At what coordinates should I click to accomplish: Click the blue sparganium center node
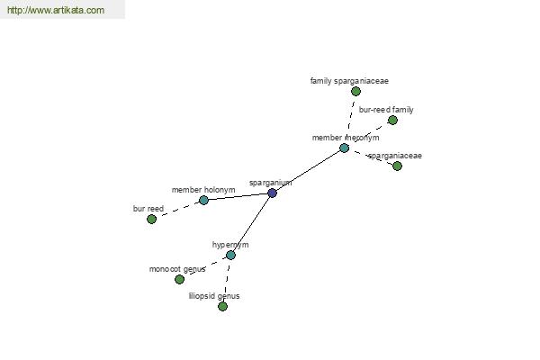click(x=272, y=193)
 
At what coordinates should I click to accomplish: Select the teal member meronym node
click(x=344, y=148)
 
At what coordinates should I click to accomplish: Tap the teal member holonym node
click(x=203, y=200)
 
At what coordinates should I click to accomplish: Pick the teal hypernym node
click(x=230, y=256)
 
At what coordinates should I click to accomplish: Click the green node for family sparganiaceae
click(x=355, y=91)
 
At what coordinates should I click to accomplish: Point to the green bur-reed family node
click(x=392, y=121)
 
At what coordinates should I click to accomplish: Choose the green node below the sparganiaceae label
click(x=397, y=166)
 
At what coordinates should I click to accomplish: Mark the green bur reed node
click(x=151, y=219)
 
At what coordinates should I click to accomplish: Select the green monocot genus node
click(x=179, y=279)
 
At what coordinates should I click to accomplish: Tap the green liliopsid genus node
click(x=223, y=306)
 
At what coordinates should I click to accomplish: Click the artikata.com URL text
click(x=56, y=10)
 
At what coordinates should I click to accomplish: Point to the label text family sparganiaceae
click(x=349, y=81)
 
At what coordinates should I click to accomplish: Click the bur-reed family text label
click(x=386, y=110)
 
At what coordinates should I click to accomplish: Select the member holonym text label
click(x=203, y=190)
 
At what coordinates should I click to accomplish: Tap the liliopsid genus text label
click(x=214, y=296)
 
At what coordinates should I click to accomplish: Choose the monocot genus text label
click(x=177, y=269)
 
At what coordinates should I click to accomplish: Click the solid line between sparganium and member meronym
click(x=308, y=170)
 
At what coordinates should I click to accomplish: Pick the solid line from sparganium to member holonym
click(x=238, y=196)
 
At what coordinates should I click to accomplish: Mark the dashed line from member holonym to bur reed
click(x=177, y=210)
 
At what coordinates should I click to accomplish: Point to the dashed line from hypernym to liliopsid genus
click(x=227, y=281)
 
